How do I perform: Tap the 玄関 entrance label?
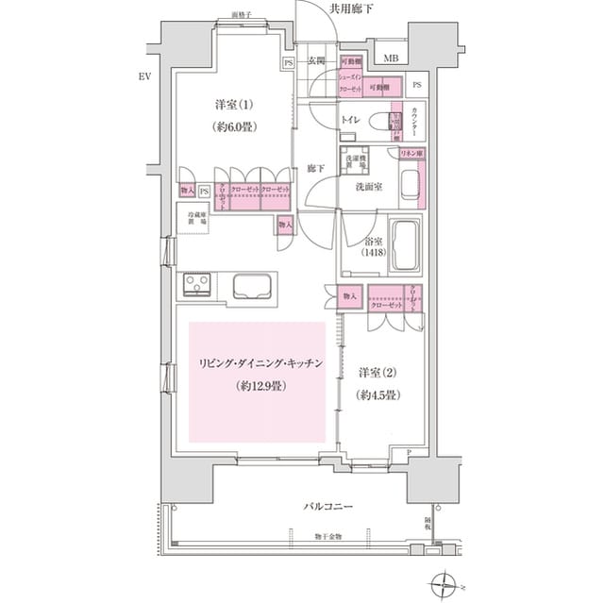317,62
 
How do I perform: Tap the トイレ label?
350,121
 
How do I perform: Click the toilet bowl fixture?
384,122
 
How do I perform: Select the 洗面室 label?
368,187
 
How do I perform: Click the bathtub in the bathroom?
408,245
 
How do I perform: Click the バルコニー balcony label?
327,507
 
